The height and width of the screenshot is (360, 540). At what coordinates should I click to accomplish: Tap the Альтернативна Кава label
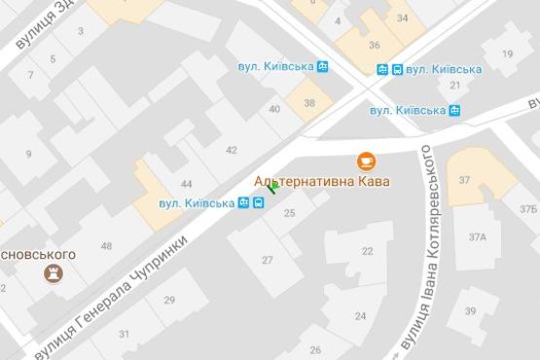[321, 182]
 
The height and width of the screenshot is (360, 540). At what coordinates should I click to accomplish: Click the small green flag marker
[272, 188]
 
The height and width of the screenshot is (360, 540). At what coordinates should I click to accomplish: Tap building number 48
[106, 245]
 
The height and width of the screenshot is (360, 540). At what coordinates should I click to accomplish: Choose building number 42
[231, 150]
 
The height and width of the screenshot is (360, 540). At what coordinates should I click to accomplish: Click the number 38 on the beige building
[309, 103]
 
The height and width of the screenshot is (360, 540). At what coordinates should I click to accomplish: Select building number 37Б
[527, 208]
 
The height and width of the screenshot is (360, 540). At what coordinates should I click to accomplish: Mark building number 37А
[477, 237]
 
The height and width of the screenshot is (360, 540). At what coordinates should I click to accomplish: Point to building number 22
[367, 251]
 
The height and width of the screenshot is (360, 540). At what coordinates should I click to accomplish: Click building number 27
[268, 260]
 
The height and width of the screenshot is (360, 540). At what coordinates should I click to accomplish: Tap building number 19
[506, 54]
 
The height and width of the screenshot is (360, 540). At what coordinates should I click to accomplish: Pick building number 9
[28, 153]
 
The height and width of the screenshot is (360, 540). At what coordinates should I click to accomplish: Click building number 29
[169, 301]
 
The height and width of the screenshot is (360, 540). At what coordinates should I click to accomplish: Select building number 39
[470, 311]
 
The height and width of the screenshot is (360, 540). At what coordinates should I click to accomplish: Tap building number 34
[402, 18]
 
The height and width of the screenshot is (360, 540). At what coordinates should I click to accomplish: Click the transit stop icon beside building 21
[454, 110]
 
